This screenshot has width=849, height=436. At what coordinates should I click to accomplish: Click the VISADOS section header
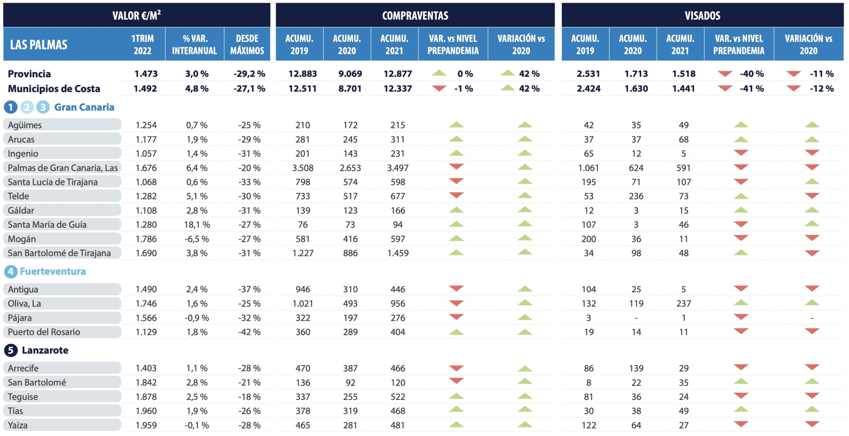[x=702, y=15]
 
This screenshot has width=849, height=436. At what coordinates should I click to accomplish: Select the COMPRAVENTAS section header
[x=415, y=15]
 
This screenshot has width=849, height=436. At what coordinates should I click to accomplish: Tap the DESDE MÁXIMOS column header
[x=247, y=44]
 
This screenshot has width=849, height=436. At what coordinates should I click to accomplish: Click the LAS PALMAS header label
[x=38, y=45]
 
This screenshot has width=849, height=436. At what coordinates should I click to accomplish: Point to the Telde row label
[x=19, y=196]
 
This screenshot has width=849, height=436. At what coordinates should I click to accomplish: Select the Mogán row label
[x=22, y=239]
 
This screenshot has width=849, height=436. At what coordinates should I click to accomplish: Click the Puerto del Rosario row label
[x=44, y=332]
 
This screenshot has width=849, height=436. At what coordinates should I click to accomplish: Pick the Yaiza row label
[x=18, y=425]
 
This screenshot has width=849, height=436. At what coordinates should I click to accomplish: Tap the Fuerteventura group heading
[x=53, y=271]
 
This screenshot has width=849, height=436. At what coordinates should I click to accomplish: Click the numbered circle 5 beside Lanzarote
[x=11, y=350]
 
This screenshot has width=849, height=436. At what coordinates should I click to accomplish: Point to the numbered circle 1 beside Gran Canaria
[x=11, y=107]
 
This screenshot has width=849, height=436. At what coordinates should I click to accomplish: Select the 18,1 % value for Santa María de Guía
[x=197, y=225]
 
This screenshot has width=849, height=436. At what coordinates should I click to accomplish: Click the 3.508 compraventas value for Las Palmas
[x=302, y=168]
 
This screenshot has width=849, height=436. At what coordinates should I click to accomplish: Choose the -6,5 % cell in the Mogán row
[x=197, y=239]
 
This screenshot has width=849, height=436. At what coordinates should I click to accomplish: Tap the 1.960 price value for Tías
[x=146, y=411]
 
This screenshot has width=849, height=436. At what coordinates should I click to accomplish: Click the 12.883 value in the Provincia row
[x=302, y=74]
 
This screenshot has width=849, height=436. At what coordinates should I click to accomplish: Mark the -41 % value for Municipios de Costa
[x=751, y=88]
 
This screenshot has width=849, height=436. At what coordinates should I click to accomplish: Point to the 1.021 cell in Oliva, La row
[x=302, y=303]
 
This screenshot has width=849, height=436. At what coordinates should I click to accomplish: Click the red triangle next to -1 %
[x=439, y=88]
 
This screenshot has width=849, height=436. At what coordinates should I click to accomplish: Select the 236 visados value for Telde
[x=636, y=196]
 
